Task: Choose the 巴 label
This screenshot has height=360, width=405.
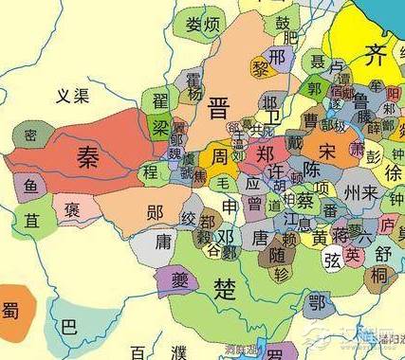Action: pyautogui.click(x=68, y=328)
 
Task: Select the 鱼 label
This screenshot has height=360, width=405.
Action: pyautogui.click(x=31, y=187)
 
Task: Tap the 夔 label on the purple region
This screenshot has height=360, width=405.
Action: pyautogui.click(x=178, y=278)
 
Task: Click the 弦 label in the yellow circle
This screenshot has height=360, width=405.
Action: pyautogui.click(x=332, y=260)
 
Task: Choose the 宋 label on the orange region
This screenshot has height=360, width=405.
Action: pyautogui.click(x=327, y=152)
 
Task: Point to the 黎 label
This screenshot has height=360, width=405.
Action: pyautogui.click(x=261, y=68)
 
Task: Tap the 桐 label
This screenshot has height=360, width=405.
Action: pyautogui.click(x=379, y=276)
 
